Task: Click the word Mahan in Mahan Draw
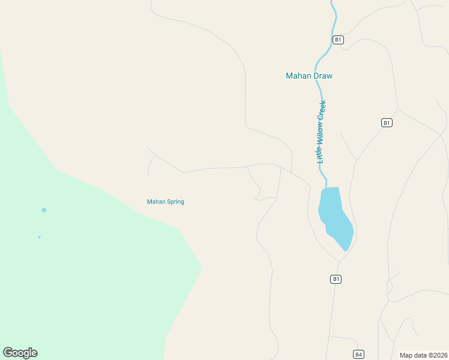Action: click(x=298, y=76)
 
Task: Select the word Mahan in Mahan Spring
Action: click(x=155, y=202)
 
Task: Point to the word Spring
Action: click(x=175, y=202)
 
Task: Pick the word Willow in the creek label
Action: click(x=321, y=133)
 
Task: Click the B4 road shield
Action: click(x=358, y=354)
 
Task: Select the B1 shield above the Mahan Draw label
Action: click(x=338, y=40)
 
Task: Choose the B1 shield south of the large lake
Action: click(x=336, y=279)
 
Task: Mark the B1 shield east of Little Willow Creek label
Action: click(x=387, y=122)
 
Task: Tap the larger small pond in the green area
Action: click(x=43, y=210)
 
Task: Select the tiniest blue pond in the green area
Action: click(x=40, y=237)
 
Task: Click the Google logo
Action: click(x=20, y=353)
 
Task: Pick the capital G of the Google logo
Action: click(x=8, y=352)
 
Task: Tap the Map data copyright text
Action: click(x=423, y=355)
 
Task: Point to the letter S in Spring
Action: click(x=167, y=202)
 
